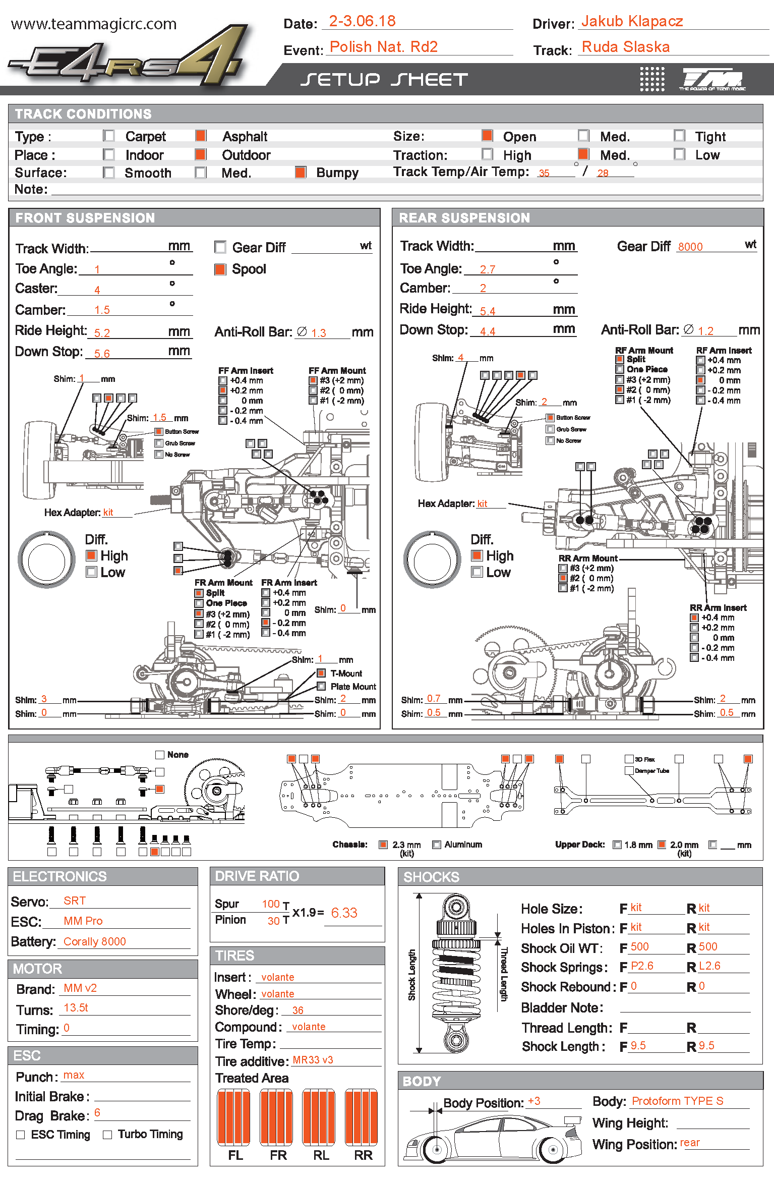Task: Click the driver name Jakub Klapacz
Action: click(632, 21)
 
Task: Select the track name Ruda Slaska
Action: click(625, 47)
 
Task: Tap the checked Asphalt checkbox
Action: click(201, 136)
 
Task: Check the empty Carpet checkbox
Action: click(108, 136)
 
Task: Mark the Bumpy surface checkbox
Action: click(301, 173)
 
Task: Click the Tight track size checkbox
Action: click(679, 136)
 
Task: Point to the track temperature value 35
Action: click(544, 173)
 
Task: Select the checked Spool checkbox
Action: click(220, 269)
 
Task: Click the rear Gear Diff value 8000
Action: click(690, 247)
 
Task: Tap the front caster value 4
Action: click(97, 290)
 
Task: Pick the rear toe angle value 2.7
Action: click(487, 269)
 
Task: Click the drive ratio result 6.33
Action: click(344, 913)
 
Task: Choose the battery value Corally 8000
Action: click(95, 941)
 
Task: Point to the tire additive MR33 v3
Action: click(313, 1060)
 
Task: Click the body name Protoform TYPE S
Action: click(677, 1101)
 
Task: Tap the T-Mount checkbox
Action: click(321, 673)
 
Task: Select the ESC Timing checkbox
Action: click(21, 1135)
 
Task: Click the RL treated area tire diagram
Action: click(319, 1117)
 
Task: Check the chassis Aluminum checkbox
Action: click(437, 845)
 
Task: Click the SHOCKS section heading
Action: click(431, 877)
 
